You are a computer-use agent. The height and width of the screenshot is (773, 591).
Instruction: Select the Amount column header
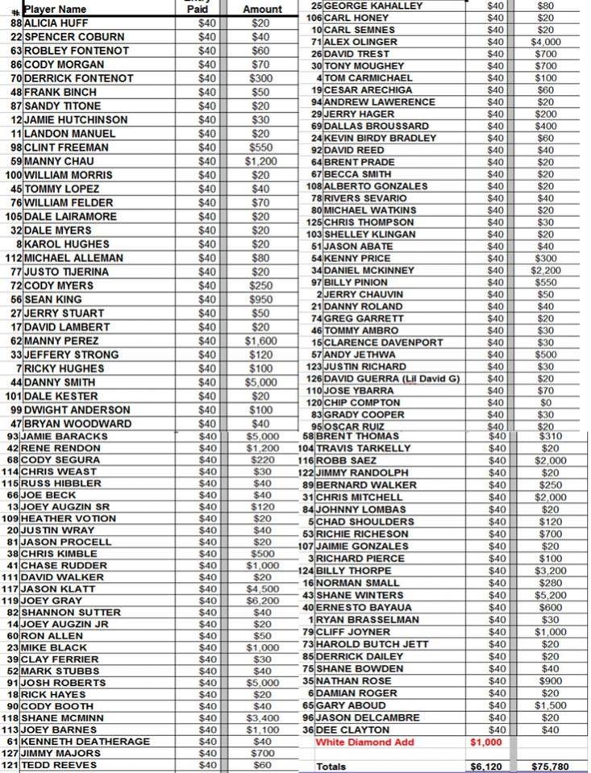click(261, 9)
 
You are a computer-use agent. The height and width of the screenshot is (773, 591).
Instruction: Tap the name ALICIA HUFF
click(58, 23)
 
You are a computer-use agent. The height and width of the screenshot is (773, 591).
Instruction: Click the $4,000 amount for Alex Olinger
click(546, 42)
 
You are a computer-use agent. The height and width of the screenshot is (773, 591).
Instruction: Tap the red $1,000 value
click(486, 742)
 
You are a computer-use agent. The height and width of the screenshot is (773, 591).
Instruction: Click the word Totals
click(332, 766)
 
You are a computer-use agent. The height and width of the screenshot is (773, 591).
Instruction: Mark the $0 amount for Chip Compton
click(546, 402)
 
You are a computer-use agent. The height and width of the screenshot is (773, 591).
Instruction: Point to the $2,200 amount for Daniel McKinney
click(546, 271)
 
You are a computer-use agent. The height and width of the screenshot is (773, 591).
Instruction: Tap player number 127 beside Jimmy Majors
click(10, 753)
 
